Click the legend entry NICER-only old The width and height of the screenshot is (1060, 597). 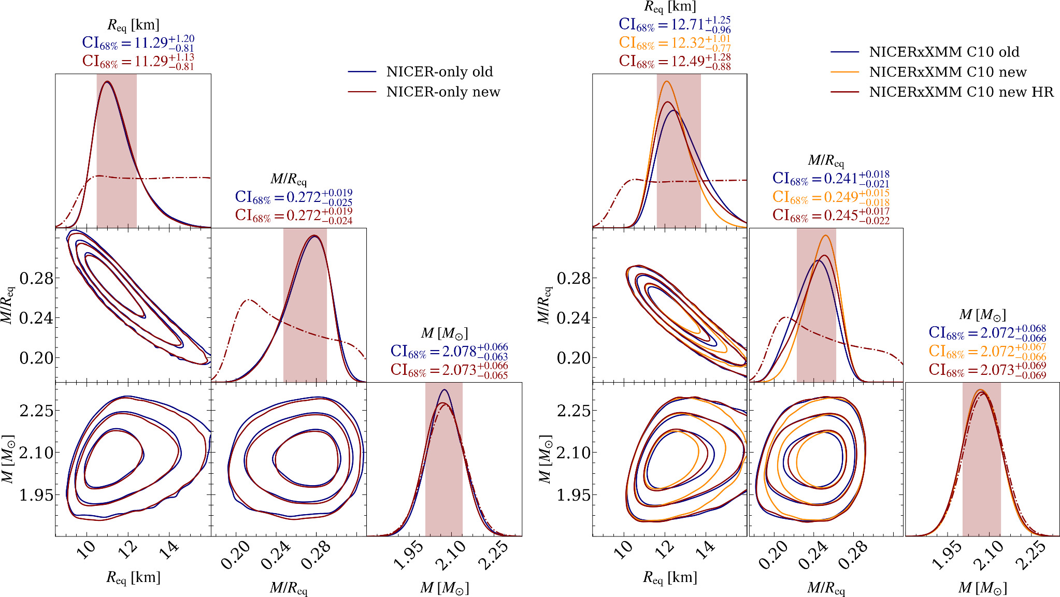click(x=439, y=72)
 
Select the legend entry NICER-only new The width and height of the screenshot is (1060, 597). click(x=443, y=92)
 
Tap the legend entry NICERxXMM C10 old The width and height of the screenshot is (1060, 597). click(x=944, y=52)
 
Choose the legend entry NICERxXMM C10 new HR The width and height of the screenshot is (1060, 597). click(x=961, y=92)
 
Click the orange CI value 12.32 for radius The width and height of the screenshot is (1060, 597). click(x=675, y=43)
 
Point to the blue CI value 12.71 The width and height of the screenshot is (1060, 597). click(x=675, y=24)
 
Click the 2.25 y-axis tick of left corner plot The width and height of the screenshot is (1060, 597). click(x=36, y=411)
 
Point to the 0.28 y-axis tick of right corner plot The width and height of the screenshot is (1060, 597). click(x=574, y=279)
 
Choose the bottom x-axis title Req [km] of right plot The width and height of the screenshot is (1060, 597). click(x=670, y=577)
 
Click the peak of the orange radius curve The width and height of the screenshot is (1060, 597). click(x=666, y=81)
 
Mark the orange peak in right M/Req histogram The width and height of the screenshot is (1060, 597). click(x=826, y=236)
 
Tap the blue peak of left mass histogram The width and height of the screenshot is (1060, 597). click(x=445, y=390)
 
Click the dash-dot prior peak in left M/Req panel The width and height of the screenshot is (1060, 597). click(x=249, y=300)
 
